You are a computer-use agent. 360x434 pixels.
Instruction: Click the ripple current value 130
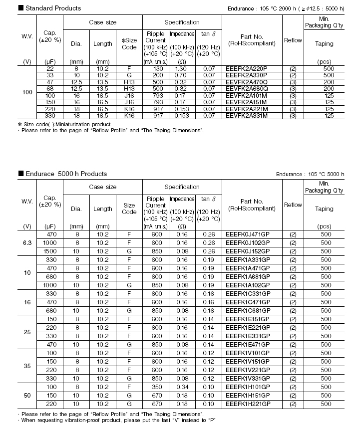tap(156, 68)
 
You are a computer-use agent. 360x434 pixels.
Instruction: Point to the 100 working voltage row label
tap(27, 92)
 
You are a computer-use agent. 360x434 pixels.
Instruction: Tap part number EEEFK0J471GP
tap(248, 234)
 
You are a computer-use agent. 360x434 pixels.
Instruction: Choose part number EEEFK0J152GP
tap(248, 251)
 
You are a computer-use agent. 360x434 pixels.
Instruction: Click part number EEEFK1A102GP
tap(248, 285)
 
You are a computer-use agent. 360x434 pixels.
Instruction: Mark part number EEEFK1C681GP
tap(248, 310)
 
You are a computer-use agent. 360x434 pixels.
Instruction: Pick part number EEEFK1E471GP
tap(248, 344)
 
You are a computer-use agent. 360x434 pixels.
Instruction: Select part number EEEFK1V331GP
tap(248, 378)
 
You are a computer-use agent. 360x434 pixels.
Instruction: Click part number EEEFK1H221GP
tap(248, 404)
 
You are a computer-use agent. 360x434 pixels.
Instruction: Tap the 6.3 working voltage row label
tap(27, 242)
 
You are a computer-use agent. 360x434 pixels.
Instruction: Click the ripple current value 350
tap(156, 387)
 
